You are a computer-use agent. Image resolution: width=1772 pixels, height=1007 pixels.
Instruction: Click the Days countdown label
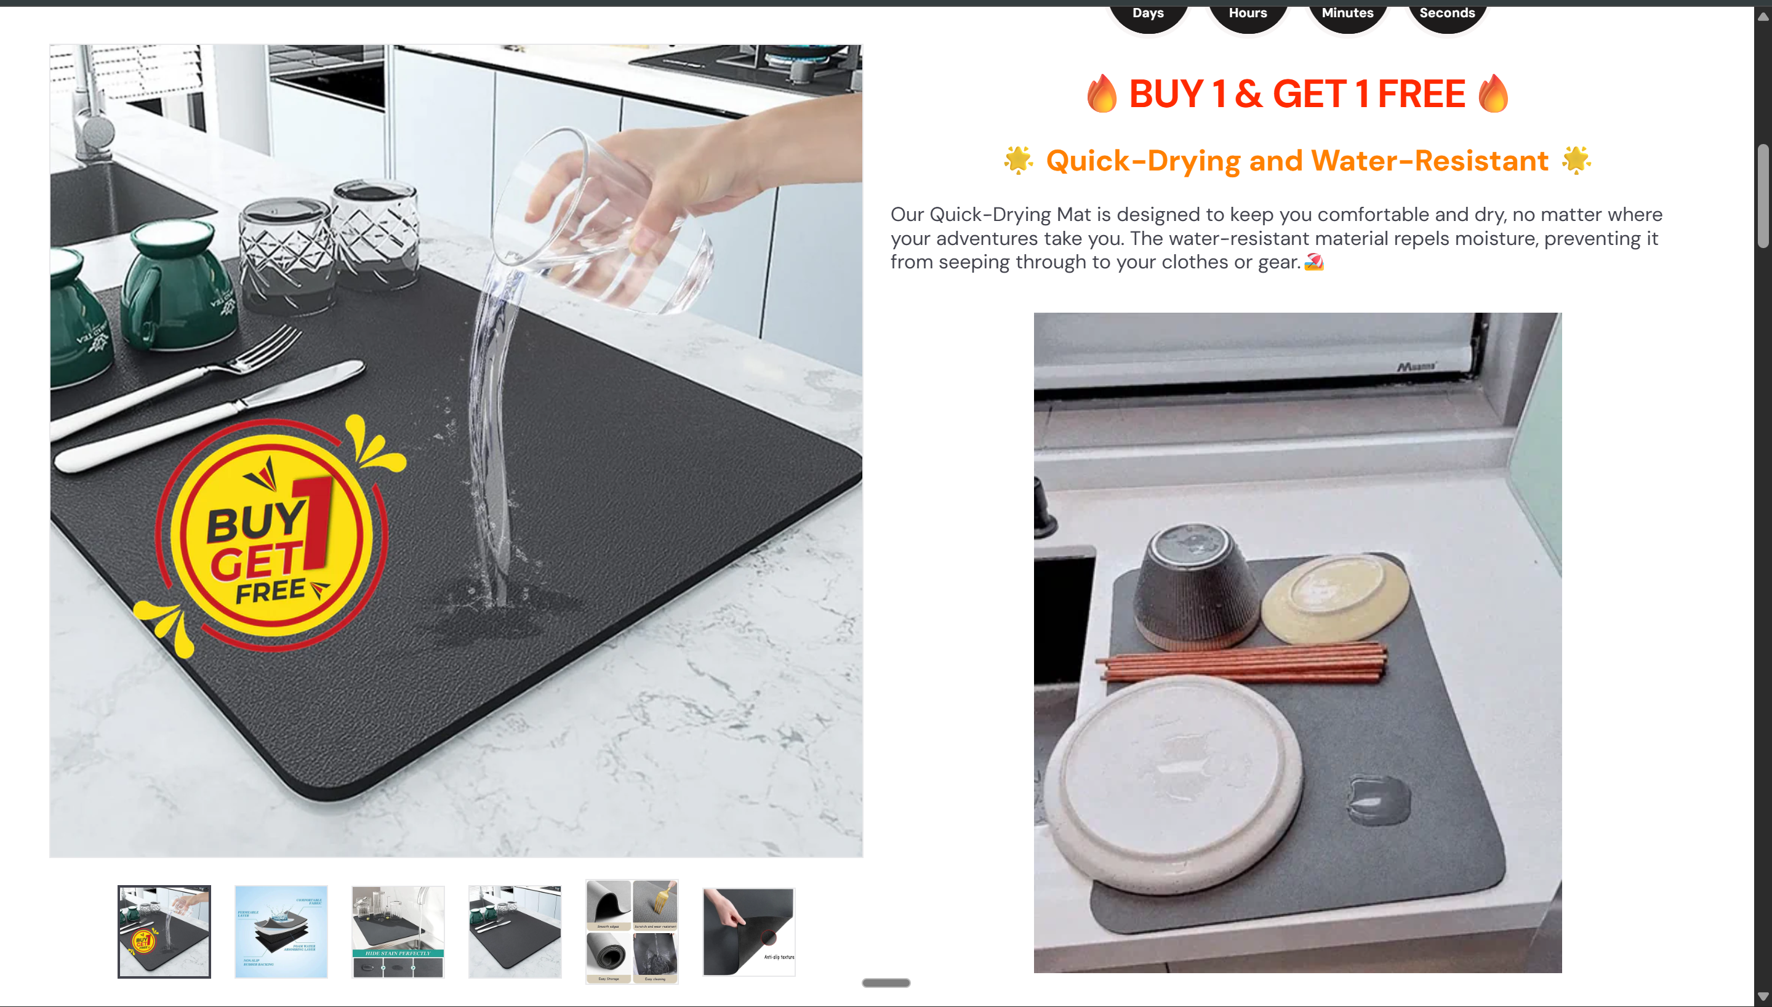pyautogui.click(x=1148, y=12)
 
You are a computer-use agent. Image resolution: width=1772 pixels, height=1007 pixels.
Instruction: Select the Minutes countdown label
pyautogui.click(x=1347, y=12)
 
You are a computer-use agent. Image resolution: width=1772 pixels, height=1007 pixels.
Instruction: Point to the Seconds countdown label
pyautogui.click(x=1446, y=12)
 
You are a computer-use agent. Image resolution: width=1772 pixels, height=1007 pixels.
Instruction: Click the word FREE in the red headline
pyautogui.click(x=1421, y=94)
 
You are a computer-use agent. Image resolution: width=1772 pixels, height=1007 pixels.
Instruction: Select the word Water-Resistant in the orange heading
pyautogui.click(x=1429, y=161)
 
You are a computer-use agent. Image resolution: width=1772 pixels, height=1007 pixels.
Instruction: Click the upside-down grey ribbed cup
pyautogui.click(x=1196, y=584)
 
